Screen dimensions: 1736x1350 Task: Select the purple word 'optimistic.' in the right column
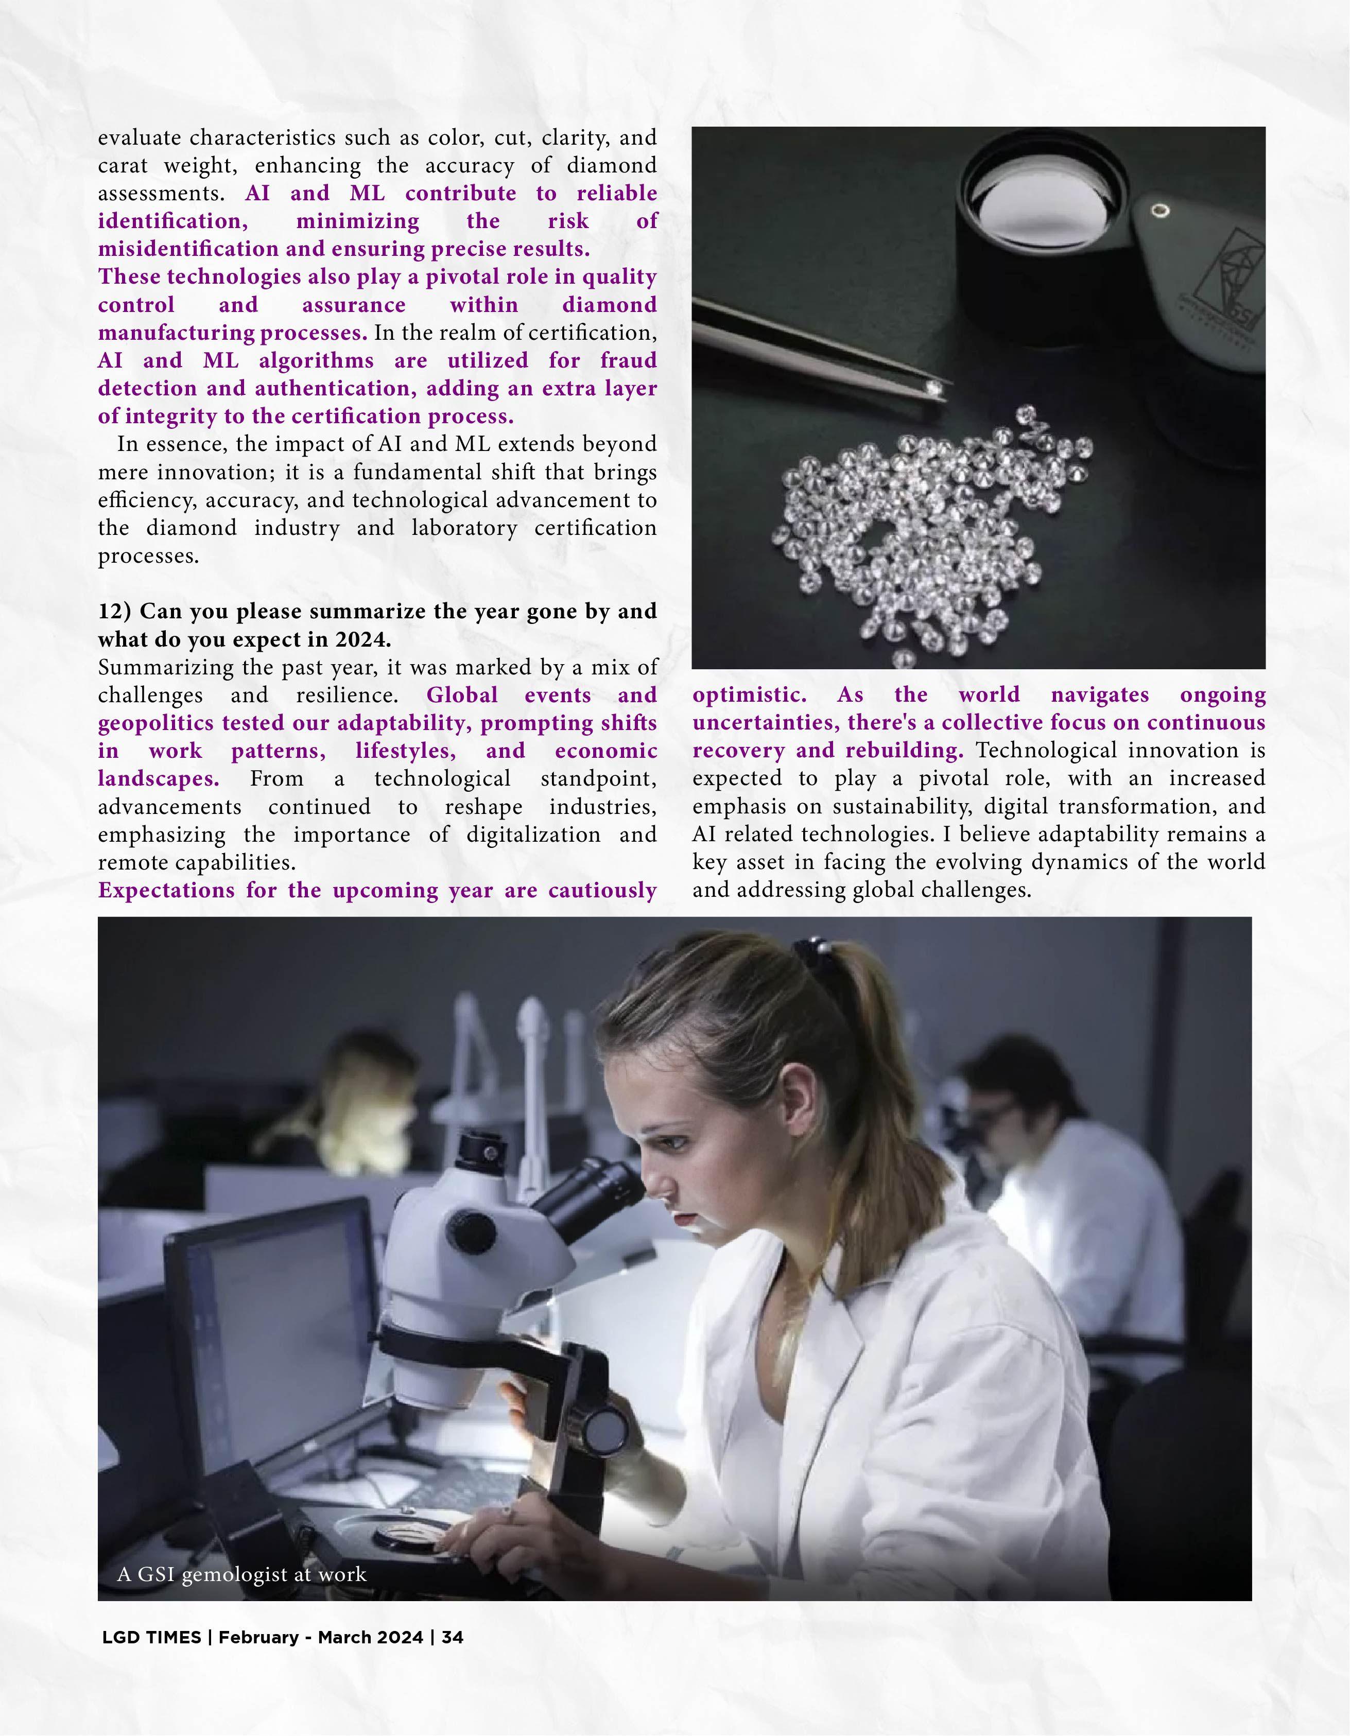(749, 695)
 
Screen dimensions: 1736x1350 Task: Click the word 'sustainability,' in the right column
(902, 806)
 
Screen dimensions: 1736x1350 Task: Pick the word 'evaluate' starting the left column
(140, 137)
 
